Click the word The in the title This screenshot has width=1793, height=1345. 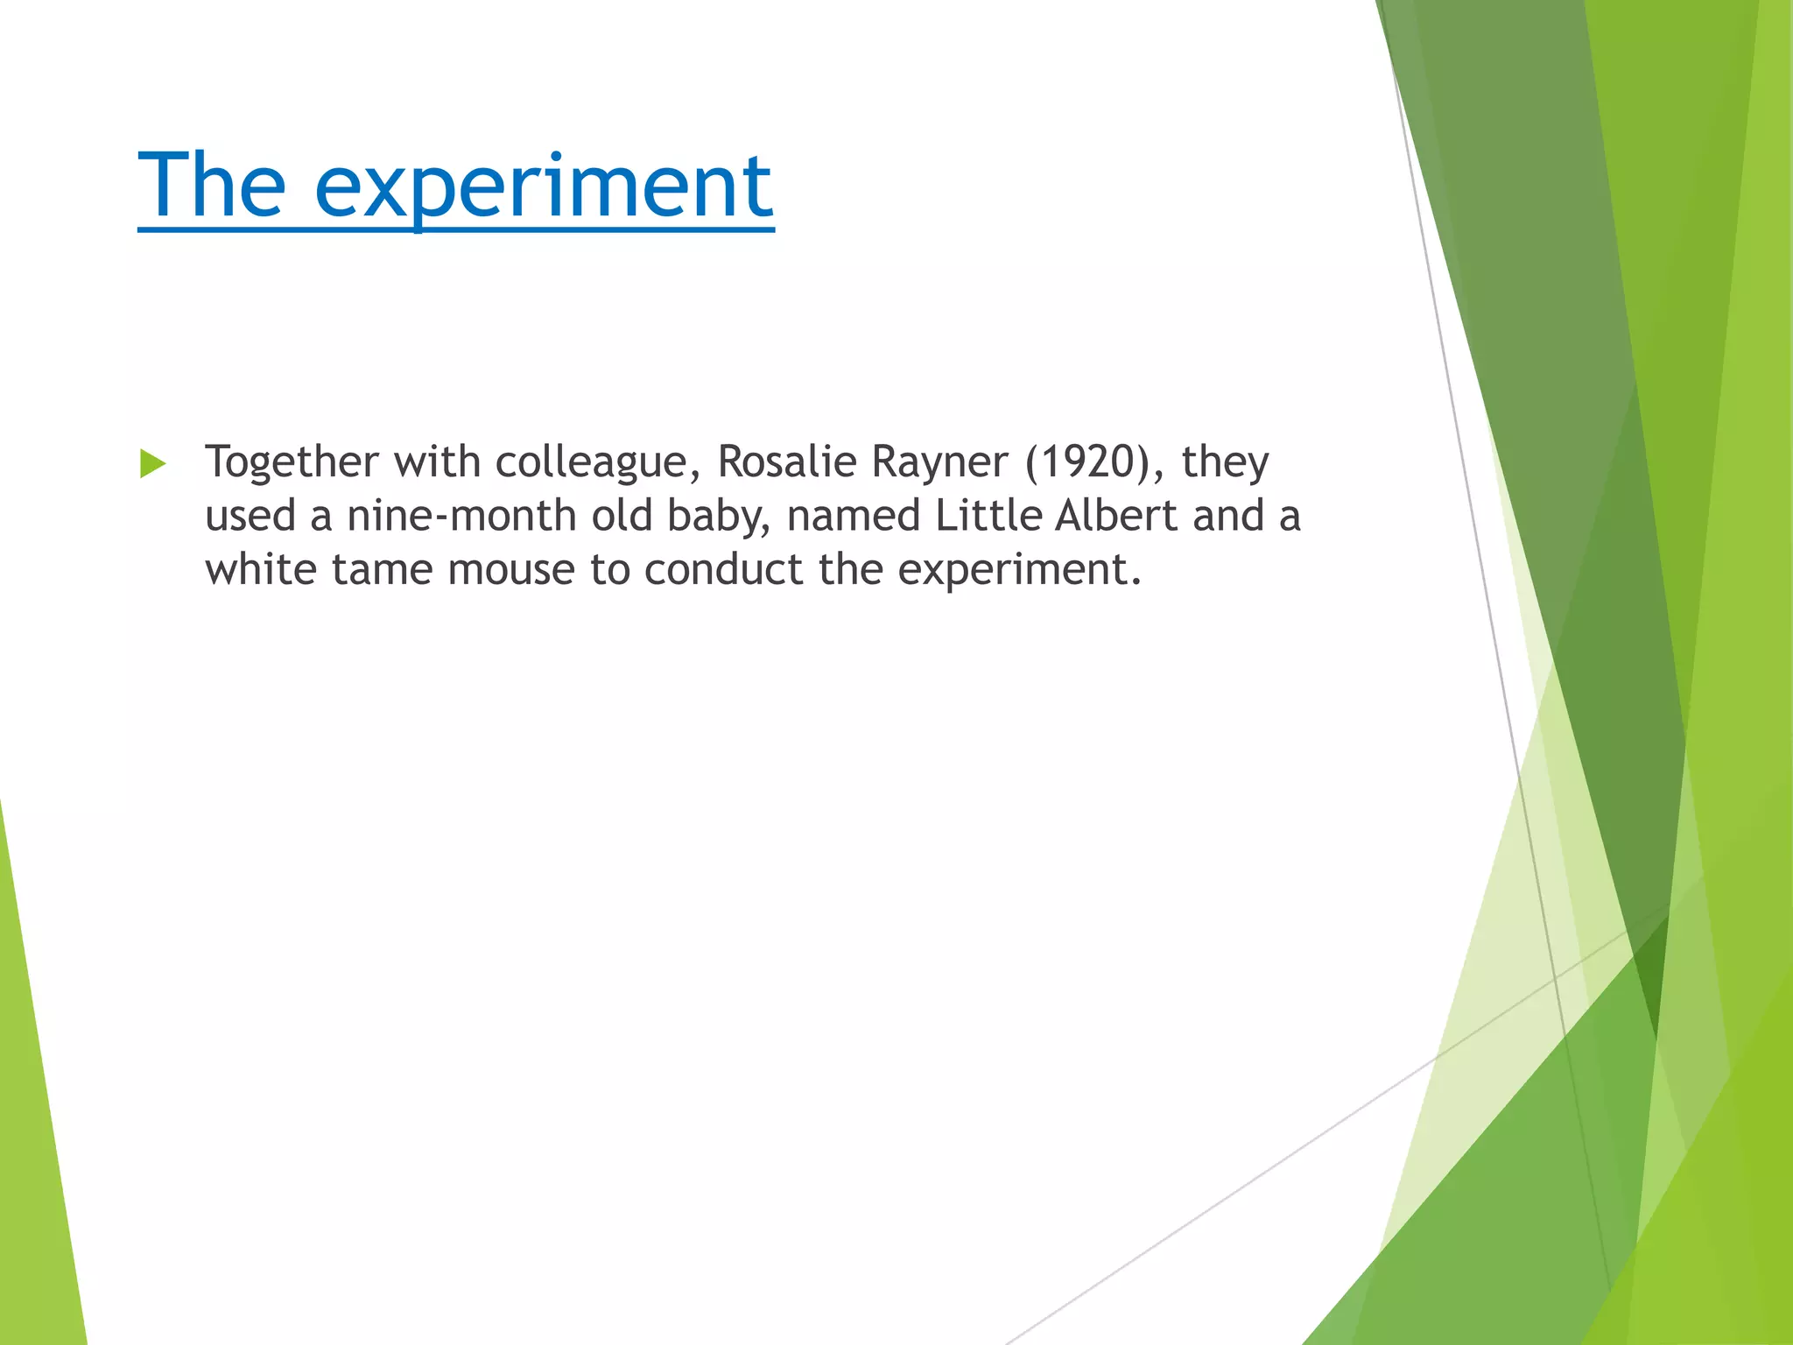point(211,185)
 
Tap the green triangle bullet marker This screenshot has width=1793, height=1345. point(152,463)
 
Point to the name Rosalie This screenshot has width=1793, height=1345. point(786,461)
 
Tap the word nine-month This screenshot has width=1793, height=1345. point(461,516)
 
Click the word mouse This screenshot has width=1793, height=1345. point(511,571)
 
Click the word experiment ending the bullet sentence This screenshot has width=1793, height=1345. point(1018,571)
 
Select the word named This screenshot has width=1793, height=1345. point(854,516)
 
